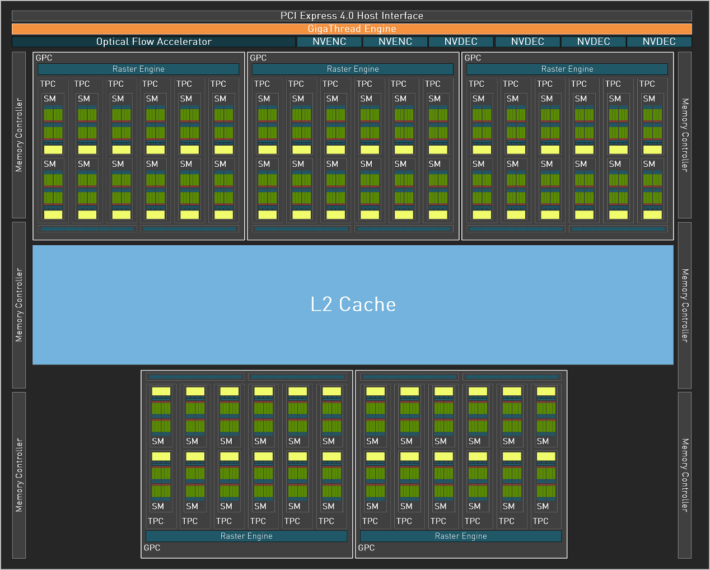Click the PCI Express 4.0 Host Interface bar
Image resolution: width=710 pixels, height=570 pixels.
pyautogui.click(x=352, y=16)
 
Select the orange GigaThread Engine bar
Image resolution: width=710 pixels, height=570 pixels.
pyautogui.click(x=352, y=29)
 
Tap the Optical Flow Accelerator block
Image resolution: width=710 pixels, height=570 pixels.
pyautogui.click(x=153, y=41)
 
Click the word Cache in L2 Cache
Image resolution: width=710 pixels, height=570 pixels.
pyautogui.click(x=367, y=304)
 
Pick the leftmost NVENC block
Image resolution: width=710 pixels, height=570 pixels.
pyautogui.click(x=329, y=41)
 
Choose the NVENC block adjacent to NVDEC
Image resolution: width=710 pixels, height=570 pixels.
pyautogui.click(x=395, y=41)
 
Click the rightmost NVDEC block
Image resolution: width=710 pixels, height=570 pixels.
pyautogui.click(x=659, y=41)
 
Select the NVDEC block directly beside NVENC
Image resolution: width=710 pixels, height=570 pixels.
pyautogui.click(x=461, y=41)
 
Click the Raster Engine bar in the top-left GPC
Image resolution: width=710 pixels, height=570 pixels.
pyautogui.click(x=138, y=69)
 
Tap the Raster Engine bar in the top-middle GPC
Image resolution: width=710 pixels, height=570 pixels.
pyautogui.click(x=353, y=69)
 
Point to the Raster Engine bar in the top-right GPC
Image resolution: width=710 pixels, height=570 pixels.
pyautogui.click(x=567, y=69)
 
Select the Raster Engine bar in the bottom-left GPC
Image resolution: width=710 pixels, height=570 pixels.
pyautogui.click(x=246, y=536)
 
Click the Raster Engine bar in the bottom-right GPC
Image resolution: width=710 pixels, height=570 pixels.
pyautogui.click(x=461, y=536)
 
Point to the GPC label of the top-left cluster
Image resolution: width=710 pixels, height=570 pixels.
pyautogui.click(x=44, y=58)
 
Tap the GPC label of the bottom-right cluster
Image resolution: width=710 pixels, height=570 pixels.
pyautogui.click(x=366, y=548)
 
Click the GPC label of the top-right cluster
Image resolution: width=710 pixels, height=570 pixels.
pyautogui.click(x=473, y=58)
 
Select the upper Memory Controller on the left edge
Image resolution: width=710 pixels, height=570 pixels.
pyautogui.click(x=19, y=135)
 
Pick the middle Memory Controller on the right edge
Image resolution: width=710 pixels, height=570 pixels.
pyautogui.click(x=684, y=305)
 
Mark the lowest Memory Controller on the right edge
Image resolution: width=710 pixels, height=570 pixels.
pyautogui.click(x=684, y=475)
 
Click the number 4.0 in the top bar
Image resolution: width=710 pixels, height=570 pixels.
pyautogui.click(x=347, y=16)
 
